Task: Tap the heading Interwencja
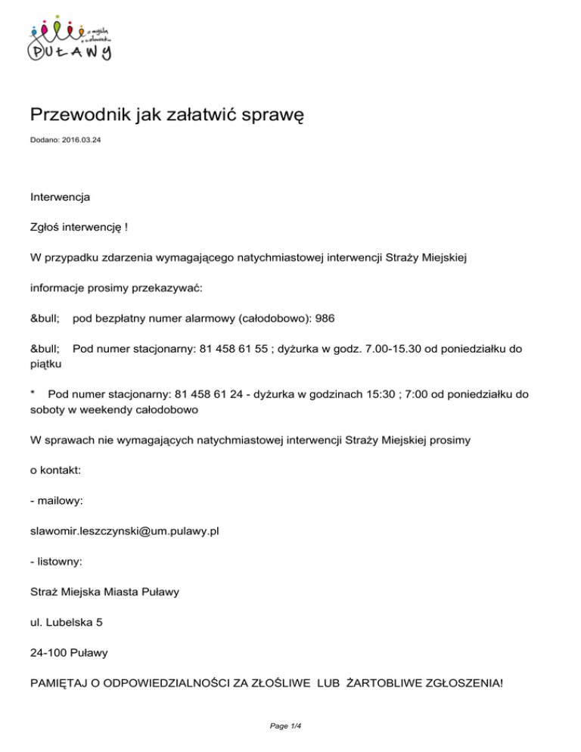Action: [60, 197]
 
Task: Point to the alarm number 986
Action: [325, 319]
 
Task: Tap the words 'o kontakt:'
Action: [55, 470]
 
